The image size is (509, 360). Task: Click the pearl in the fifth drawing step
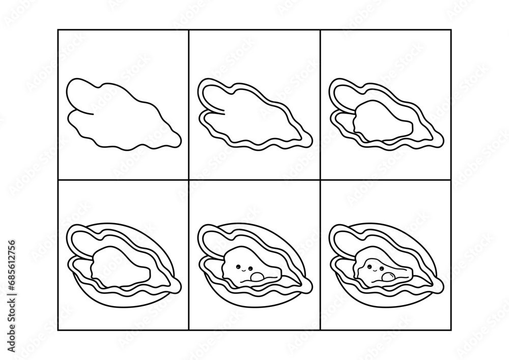tap(257, 277)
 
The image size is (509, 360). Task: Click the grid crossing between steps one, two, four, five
tap(189, 179)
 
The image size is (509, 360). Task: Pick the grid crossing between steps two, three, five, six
tap(320, 179)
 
